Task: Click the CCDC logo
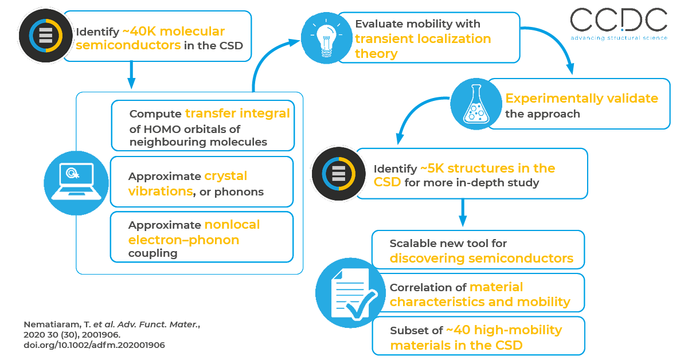pos(618,24)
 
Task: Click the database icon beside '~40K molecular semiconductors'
pos(44,36)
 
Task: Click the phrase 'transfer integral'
pos(237,113)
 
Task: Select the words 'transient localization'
pos(423,39)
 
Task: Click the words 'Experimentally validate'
pos(581,99)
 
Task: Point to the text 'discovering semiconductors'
pos(481,258)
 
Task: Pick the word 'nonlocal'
pos(232,225)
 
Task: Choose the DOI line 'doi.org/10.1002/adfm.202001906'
pos(94,345)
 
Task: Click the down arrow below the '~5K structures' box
pos(463,213)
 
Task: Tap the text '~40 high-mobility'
pos(505,330)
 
